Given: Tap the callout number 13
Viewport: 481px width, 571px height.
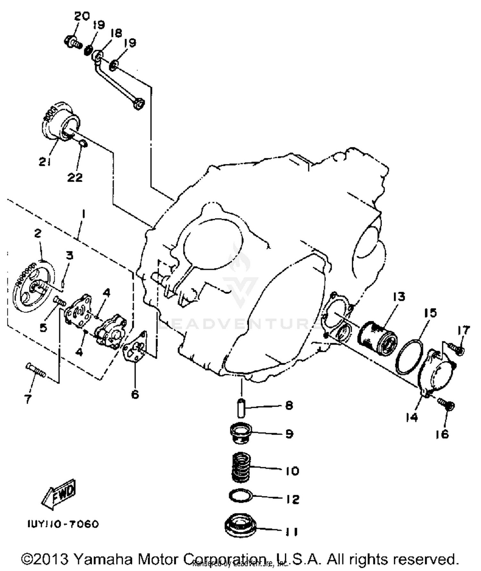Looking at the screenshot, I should tap(399, 297).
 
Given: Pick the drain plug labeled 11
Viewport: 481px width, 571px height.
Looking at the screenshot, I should tap(241, 528).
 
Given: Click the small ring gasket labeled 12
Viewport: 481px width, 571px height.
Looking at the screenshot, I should tap(241, 495).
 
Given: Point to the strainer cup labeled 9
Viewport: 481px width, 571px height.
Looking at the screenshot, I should tap(241, 434).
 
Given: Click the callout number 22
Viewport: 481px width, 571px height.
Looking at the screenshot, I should tap(75, 177).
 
